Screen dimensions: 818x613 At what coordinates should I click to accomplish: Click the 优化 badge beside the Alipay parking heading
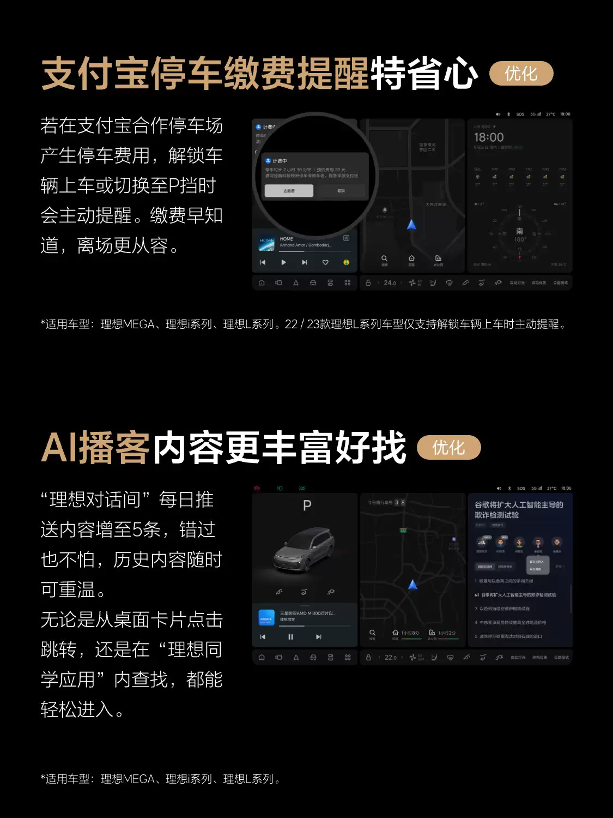click(521, 74)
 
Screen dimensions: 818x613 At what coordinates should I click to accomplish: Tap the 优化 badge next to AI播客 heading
click(448, 448)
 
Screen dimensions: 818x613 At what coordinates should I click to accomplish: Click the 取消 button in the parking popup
click(341, 191)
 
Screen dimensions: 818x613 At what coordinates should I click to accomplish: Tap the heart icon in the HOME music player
click(325, 262)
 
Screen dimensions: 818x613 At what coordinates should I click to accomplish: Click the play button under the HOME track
click(283, 262)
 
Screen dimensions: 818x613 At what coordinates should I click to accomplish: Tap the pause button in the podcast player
click(290, 636)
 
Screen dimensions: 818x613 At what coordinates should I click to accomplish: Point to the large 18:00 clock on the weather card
click(489, 137)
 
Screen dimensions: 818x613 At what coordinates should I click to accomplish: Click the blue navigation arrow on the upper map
click(411, 225)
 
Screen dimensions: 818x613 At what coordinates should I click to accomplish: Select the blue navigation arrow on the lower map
click(413, 585)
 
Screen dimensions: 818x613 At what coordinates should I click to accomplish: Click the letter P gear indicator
click(307, 506)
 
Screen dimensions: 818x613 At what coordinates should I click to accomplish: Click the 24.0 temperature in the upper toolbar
click(390, 283)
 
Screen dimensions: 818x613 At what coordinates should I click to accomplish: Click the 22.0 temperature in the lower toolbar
click(390, 658)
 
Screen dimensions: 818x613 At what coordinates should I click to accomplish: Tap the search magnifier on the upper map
click(384, 258)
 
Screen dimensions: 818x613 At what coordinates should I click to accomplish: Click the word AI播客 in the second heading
click(95, 448)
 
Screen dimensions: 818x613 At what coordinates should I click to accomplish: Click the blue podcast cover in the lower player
click(266, 618)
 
